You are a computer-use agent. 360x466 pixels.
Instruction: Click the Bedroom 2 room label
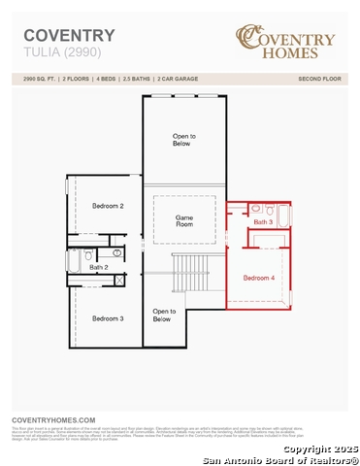point(108,206)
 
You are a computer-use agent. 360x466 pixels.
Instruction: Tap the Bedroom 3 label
point(108,318)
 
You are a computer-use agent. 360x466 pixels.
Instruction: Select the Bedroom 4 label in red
point(259,279)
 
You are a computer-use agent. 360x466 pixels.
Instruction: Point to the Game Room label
point(184,220)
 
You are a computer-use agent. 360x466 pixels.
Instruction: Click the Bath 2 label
point(98,267)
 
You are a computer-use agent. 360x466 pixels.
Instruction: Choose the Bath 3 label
point(263,222)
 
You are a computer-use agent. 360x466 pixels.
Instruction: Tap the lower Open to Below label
point(162,316)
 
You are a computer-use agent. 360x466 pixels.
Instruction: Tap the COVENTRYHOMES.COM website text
point(53,418)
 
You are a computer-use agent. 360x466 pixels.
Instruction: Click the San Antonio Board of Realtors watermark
point(282,459)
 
